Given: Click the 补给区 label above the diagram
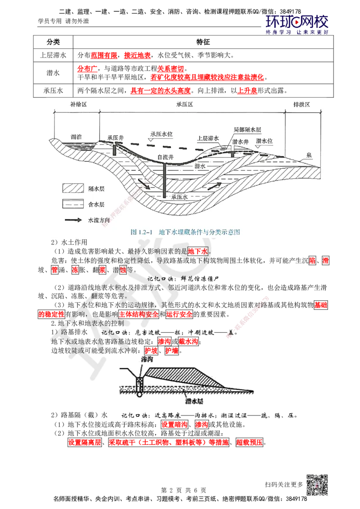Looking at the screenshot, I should [x=72, y=104].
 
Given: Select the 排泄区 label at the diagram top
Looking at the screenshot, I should [x=301, y=104].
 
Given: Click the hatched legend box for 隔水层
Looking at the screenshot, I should [x=72, y=188].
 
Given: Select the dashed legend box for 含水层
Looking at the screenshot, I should [x=72, y=204].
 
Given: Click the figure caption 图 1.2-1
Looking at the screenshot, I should [x=185, y=232].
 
